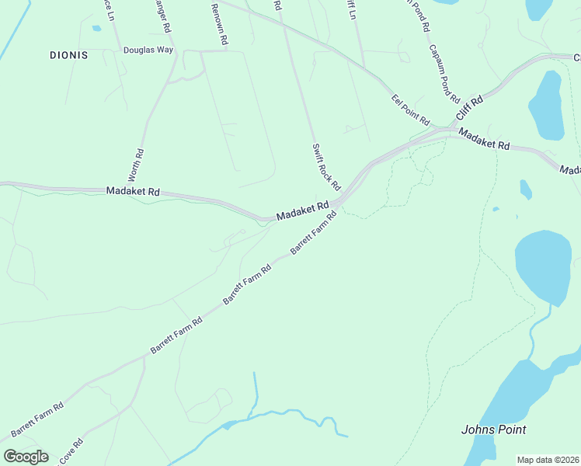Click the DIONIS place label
tap(68, 55)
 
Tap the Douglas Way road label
tap(148, 50)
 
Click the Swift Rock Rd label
tap(327, 167)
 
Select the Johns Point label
tap(493, 429)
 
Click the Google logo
tap(26, 457)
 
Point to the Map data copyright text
tap(548, 460)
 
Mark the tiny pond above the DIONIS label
tap(96, 29)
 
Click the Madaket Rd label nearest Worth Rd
tap(133, 191)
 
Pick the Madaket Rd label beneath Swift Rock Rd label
tap(303, 211)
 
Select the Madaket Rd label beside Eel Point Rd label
tap(483, 140)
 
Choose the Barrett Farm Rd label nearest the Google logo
tap(37, 419)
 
